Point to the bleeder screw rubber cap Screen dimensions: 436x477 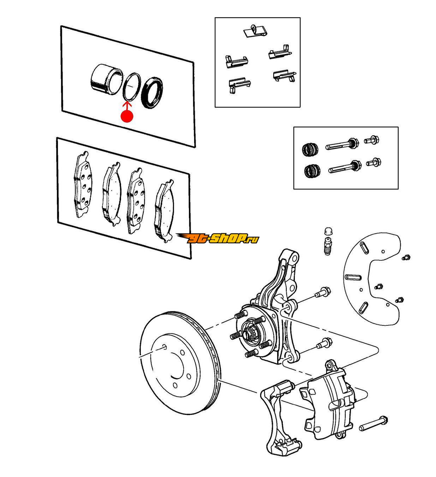(x=328, y=231)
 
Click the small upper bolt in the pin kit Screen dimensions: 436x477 (x=372, y=140)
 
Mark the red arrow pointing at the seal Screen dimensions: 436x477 (x=127, y=106)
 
